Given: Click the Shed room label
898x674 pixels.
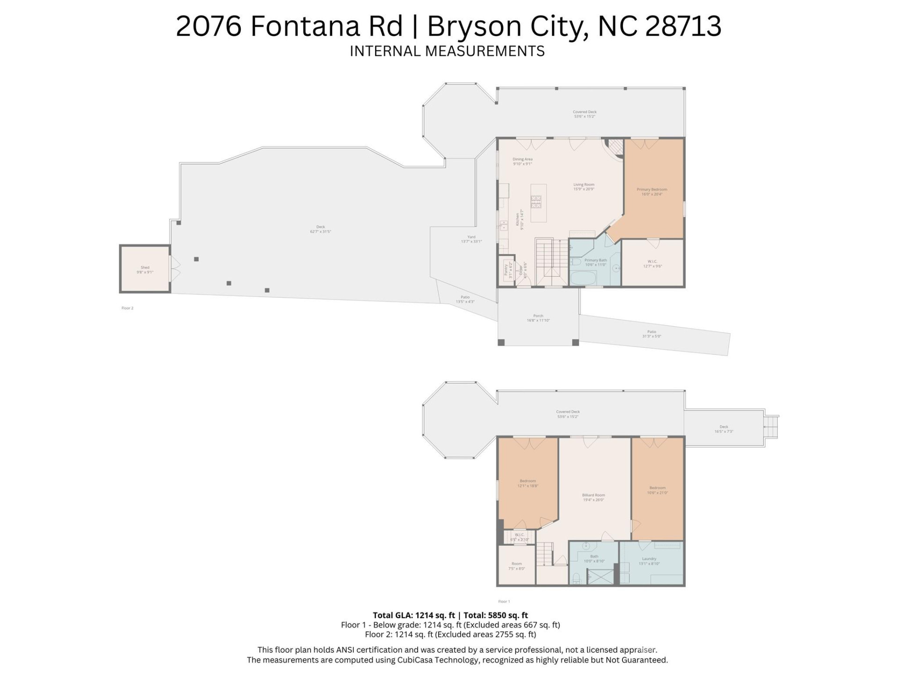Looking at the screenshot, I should (x=145, y=270).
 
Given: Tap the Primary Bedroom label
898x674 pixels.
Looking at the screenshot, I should (x=652, y=191).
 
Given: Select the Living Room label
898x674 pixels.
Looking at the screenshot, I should (x=584, y=186).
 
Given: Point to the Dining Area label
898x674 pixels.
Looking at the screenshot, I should (x=522, y=161).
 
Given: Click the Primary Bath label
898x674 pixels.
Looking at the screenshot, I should (x=595, y=262).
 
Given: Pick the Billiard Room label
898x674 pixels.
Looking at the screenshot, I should (x=594, y=497).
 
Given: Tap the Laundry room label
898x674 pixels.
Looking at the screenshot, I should (x=649, y=561).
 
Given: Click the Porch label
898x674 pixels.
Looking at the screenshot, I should (x=538, y=318).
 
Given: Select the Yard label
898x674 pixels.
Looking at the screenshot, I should (x=471, y=239).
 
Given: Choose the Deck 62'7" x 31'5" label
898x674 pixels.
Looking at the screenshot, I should (x=320, y=229).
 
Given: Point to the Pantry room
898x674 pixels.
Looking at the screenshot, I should (x=507, y=271).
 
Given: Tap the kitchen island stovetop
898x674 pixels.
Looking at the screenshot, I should (x=536, y=202).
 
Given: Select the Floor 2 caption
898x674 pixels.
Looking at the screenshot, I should (x=127, y=308).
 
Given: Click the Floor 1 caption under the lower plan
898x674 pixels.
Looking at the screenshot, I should (x=504, y=601).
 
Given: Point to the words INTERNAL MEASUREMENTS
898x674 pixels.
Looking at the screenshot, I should (x=447, y=51).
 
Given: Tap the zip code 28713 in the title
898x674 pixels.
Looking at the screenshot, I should (x=683, y=26).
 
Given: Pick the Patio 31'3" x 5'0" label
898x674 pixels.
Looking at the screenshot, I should (x=652, y=334).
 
